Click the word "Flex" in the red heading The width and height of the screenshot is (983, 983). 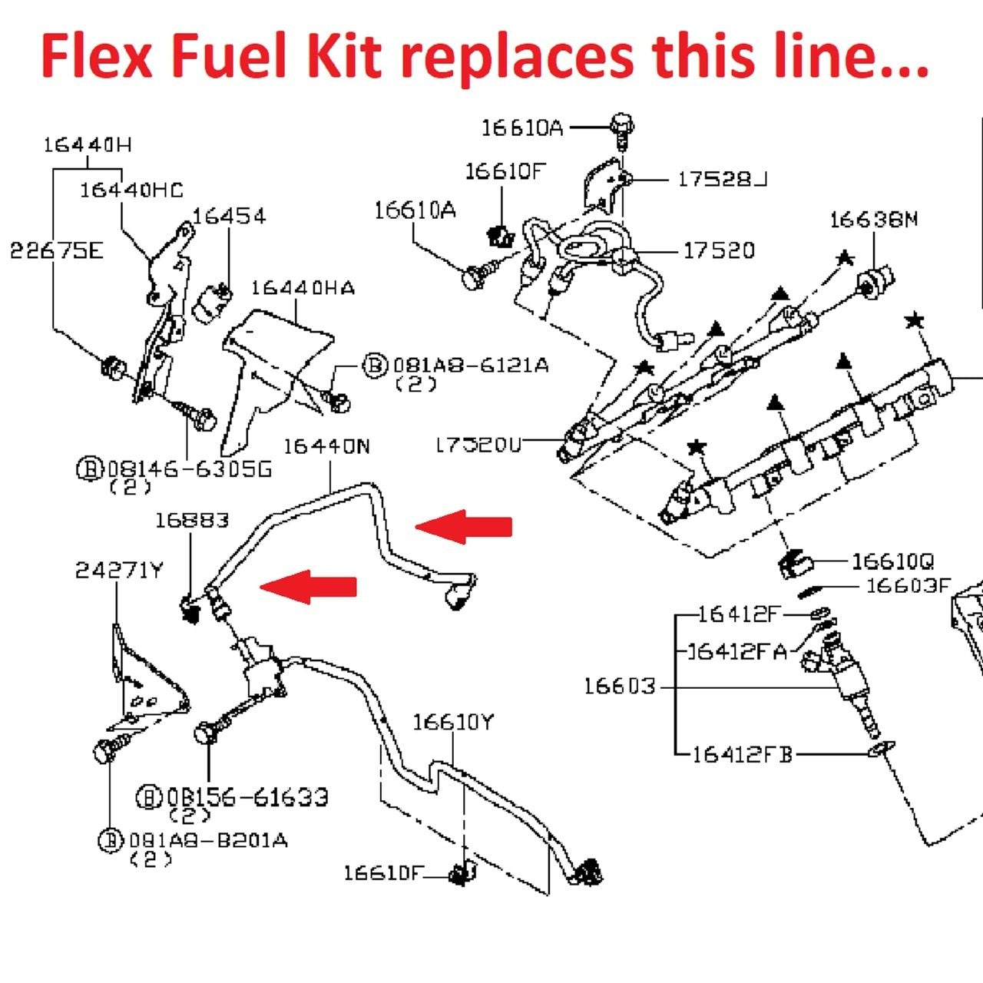pos(96,57)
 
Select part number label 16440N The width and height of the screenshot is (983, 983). pos(326,446)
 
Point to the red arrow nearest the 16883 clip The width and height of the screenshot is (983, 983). pos(309,587)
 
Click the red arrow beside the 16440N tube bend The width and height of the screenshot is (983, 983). pos(464,526)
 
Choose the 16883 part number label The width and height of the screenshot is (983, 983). pos(192,521)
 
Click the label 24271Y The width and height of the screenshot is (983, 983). pos(119,571)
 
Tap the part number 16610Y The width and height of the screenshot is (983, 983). pos(453,723)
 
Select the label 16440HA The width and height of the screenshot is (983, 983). pos(303,288)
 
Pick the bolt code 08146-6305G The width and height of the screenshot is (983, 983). pos(189,468)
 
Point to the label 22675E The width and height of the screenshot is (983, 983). pos(56,251)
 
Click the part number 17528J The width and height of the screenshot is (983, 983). pos(722,180)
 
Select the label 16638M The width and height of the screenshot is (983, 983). pos(873,220)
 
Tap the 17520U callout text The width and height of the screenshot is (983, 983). pos(478,445)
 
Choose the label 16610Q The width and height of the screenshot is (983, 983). pos(892,561)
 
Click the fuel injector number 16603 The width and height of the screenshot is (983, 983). pos(620,686)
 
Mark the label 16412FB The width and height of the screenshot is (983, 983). pos(741,755)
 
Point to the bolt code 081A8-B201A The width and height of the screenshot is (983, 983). pos(207,840)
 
